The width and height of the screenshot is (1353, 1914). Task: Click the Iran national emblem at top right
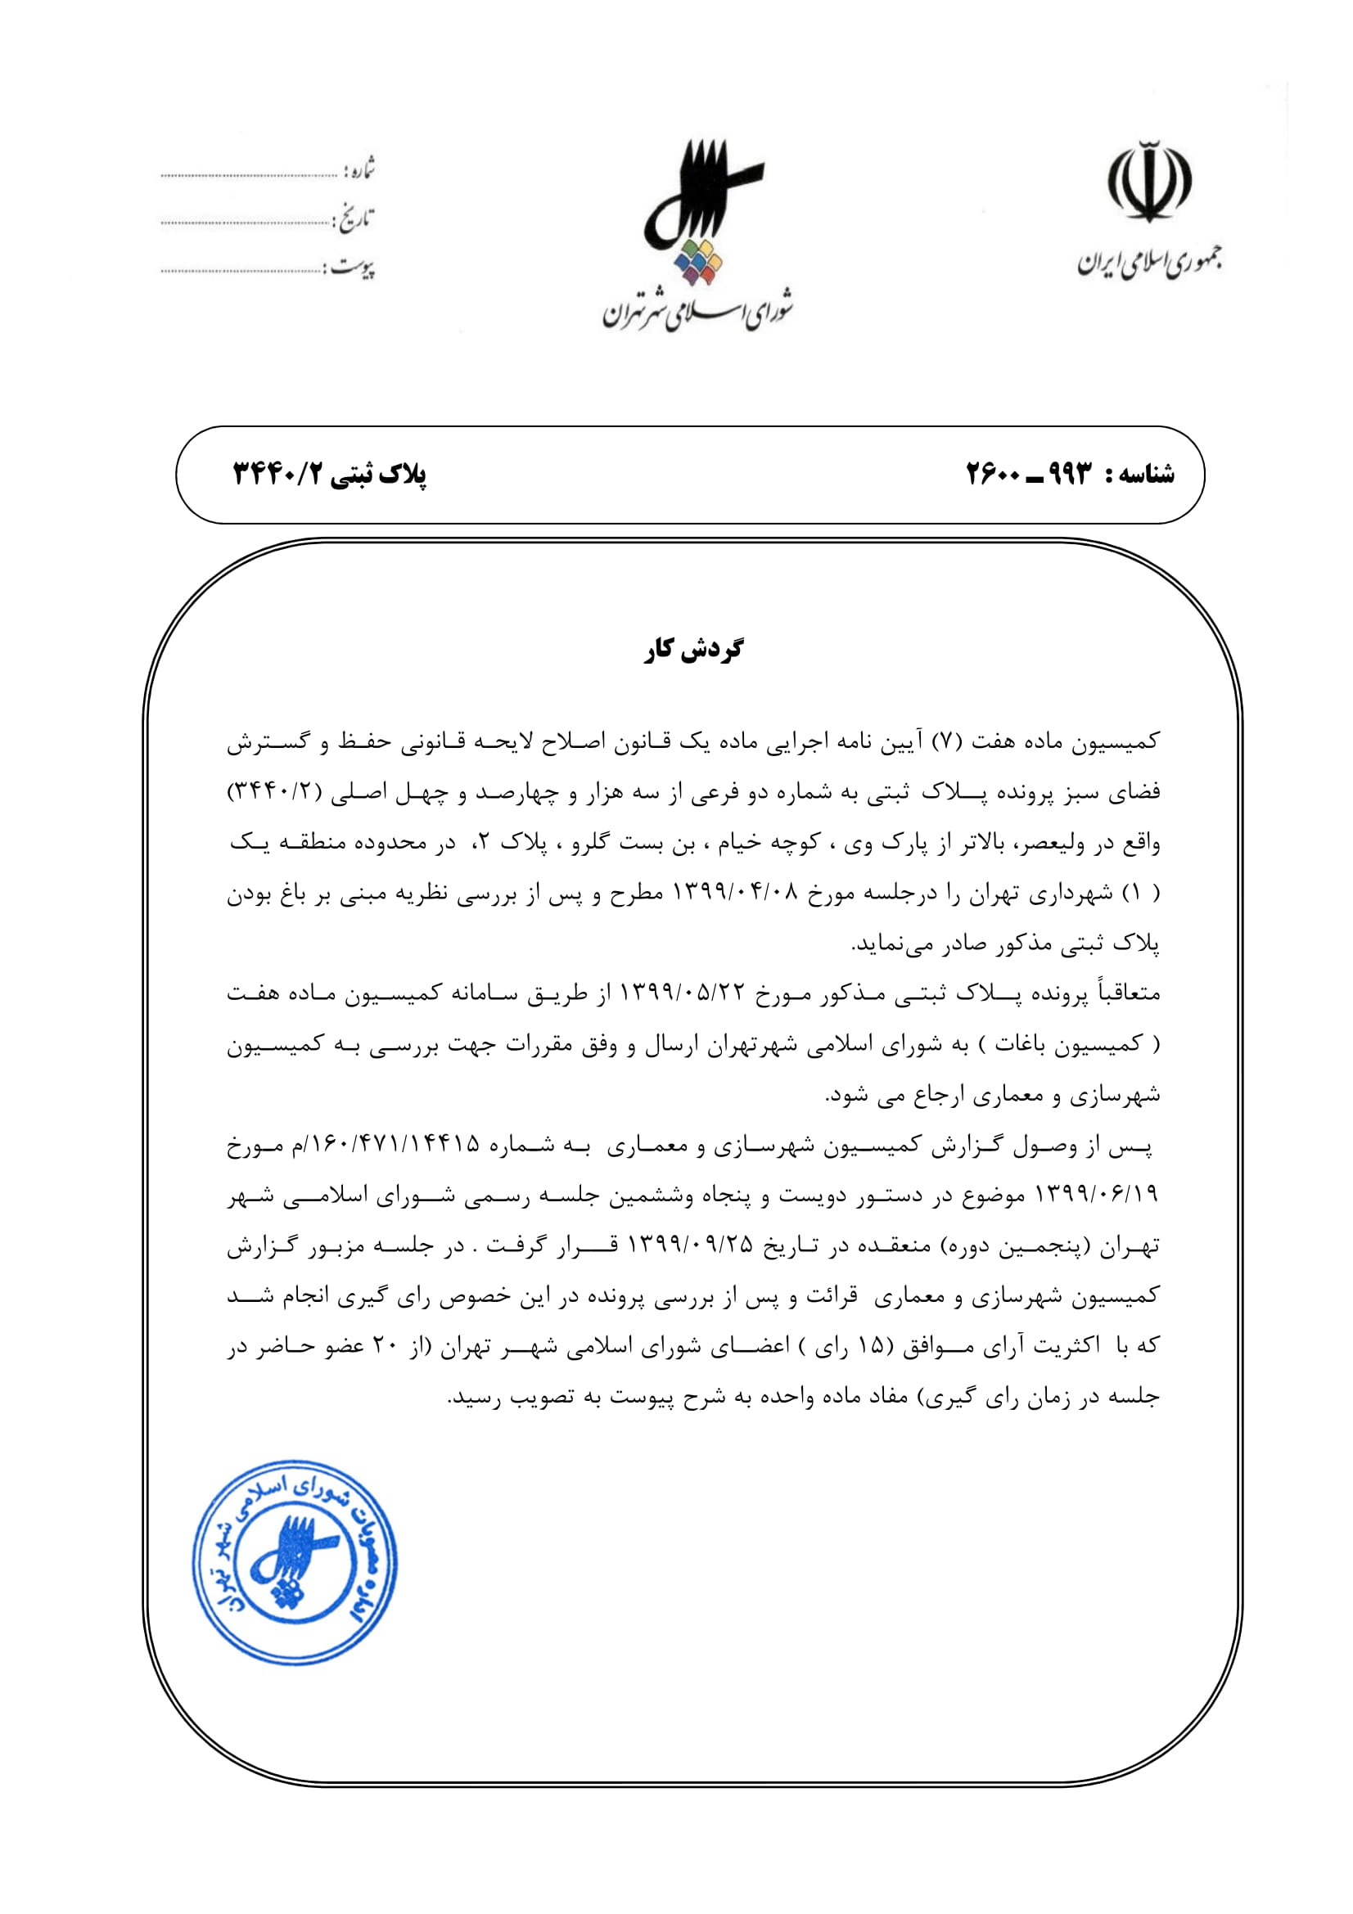click(1148, 182)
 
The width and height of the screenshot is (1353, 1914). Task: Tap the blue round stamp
click(295, 1562)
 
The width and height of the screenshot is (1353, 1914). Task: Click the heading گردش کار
click(693, 650)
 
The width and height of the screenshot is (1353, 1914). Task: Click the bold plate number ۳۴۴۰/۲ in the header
click(277, 475)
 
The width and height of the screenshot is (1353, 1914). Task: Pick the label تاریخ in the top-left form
click(354, 219)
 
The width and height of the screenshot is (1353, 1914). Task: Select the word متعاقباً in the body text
click(1125, 993)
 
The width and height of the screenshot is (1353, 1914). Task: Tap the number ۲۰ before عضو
click(386, 1345)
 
